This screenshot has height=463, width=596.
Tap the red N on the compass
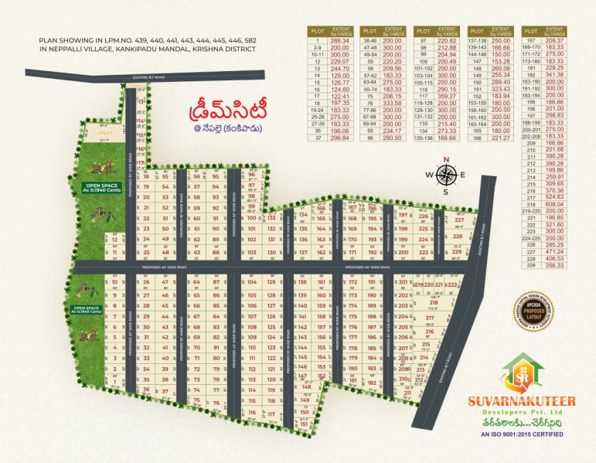(x=446, y=160)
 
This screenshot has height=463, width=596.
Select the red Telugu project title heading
(x=223, y=107)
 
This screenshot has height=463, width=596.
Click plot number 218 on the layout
(x=433, y=302)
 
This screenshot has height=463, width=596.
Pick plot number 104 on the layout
(x=251, y=282)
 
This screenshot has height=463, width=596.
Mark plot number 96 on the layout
(x=251, y=175)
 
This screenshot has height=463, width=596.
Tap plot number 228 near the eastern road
(x=458, y=237)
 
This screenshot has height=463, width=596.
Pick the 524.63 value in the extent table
(x=554, y=196)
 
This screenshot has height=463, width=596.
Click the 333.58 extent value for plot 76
(x=394, y=102)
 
